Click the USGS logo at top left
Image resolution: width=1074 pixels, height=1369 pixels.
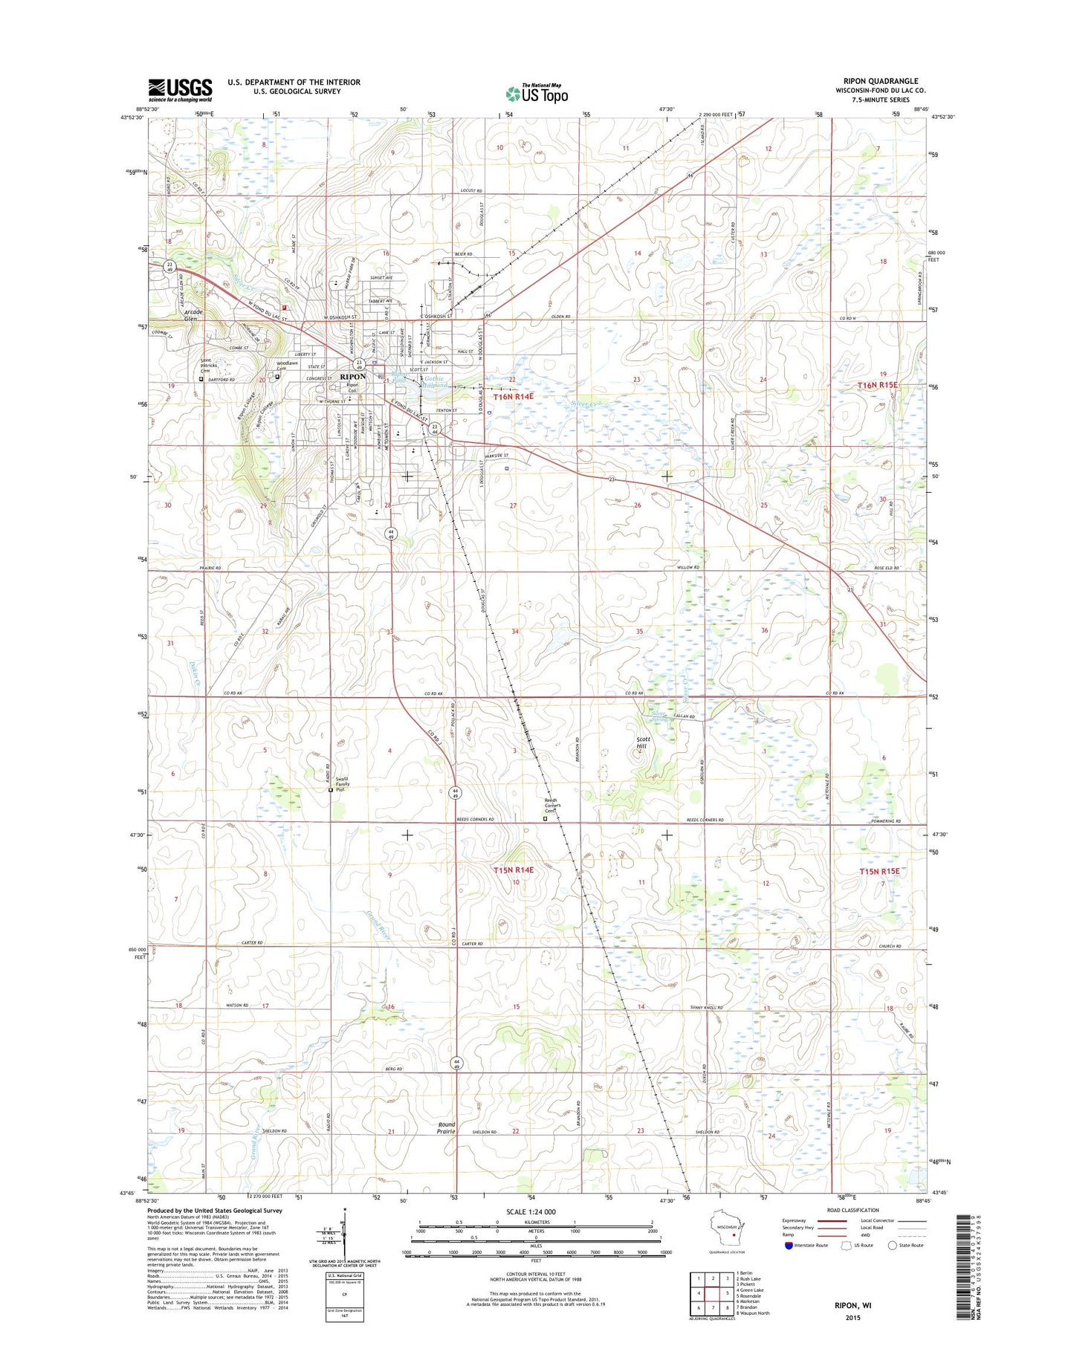tap(180, 89)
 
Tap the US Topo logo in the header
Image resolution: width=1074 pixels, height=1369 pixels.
tap(537, 94)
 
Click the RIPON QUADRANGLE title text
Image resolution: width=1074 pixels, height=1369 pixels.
tap(887, 81)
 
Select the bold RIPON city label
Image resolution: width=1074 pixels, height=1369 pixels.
tap(352, 377)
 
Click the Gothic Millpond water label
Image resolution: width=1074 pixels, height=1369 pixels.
tap(434, 382)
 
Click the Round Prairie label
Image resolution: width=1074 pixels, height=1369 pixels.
tap(446, 1127)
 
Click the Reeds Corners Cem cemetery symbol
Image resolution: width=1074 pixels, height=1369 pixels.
tap(545, 818)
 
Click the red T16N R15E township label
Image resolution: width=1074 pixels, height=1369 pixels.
tap(879, 385)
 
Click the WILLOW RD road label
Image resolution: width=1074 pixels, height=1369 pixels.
tap(688, 568)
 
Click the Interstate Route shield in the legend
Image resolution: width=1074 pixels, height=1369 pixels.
tap(789, 1245)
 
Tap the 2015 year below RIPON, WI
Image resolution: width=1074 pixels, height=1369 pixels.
tap(853, 1318)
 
